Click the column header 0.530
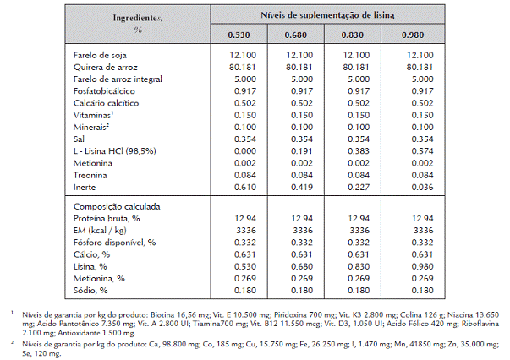(239, 35)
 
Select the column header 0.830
(352, 35)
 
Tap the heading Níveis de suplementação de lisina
(327, 15)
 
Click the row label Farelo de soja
(100, 55)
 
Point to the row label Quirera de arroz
(106, 68)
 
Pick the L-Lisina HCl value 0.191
(301, 151)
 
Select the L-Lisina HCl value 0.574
(422, 151)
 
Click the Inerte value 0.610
(245, 187)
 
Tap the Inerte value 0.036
(422, 187)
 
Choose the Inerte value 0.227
(359, 187)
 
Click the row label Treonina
(90, 176)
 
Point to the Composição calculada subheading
(117, 207)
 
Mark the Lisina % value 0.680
(302, 267)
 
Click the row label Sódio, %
(90, 291)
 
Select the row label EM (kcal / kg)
(100, 231)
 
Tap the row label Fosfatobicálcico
(104, 91)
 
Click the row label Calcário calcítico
(106, 103)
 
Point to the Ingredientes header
(137, 18)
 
